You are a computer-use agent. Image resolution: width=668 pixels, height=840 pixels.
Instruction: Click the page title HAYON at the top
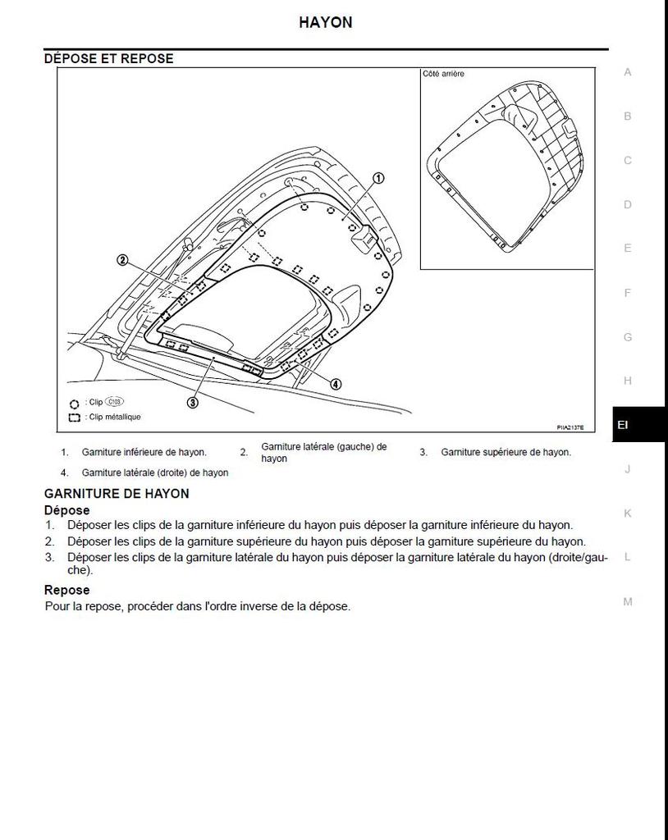(326, 23)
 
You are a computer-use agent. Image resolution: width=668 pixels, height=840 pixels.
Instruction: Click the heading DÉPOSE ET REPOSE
(108, 59)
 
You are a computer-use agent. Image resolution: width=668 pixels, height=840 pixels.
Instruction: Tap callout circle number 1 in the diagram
(378, 178)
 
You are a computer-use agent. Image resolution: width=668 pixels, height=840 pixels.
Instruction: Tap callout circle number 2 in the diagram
(122, 260)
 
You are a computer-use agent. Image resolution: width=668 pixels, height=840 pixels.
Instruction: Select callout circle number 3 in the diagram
(193, 402)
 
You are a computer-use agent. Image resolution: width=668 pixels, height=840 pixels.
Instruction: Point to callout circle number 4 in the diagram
(336, 383)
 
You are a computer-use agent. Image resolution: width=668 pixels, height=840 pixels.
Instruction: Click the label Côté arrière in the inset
(443, 74)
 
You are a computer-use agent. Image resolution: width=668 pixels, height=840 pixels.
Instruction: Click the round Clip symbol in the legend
(74, 404)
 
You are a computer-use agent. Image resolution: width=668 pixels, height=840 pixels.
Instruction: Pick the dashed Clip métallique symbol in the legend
(74, 417)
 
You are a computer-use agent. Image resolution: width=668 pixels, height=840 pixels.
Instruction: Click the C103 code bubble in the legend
(114, 403)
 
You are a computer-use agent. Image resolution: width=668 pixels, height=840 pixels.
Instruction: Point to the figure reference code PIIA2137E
(570, 427)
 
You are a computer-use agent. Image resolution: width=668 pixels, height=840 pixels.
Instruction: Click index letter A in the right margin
(628, 72)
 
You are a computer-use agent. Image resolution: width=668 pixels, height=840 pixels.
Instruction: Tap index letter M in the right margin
(628, 601)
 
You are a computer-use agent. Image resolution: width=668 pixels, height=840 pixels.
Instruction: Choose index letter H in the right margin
(628, 381)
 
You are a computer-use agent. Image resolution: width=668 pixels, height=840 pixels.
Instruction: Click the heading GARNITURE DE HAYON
(117, 494)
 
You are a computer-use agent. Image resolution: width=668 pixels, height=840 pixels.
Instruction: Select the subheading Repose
(67, 590)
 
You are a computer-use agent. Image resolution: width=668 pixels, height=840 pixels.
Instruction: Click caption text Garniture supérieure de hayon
(506, 452)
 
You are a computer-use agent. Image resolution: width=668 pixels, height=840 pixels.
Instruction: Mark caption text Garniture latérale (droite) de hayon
(154, 472)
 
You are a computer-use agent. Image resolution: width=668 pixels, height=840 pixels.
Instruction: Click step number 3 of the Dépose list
(49, 558)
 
